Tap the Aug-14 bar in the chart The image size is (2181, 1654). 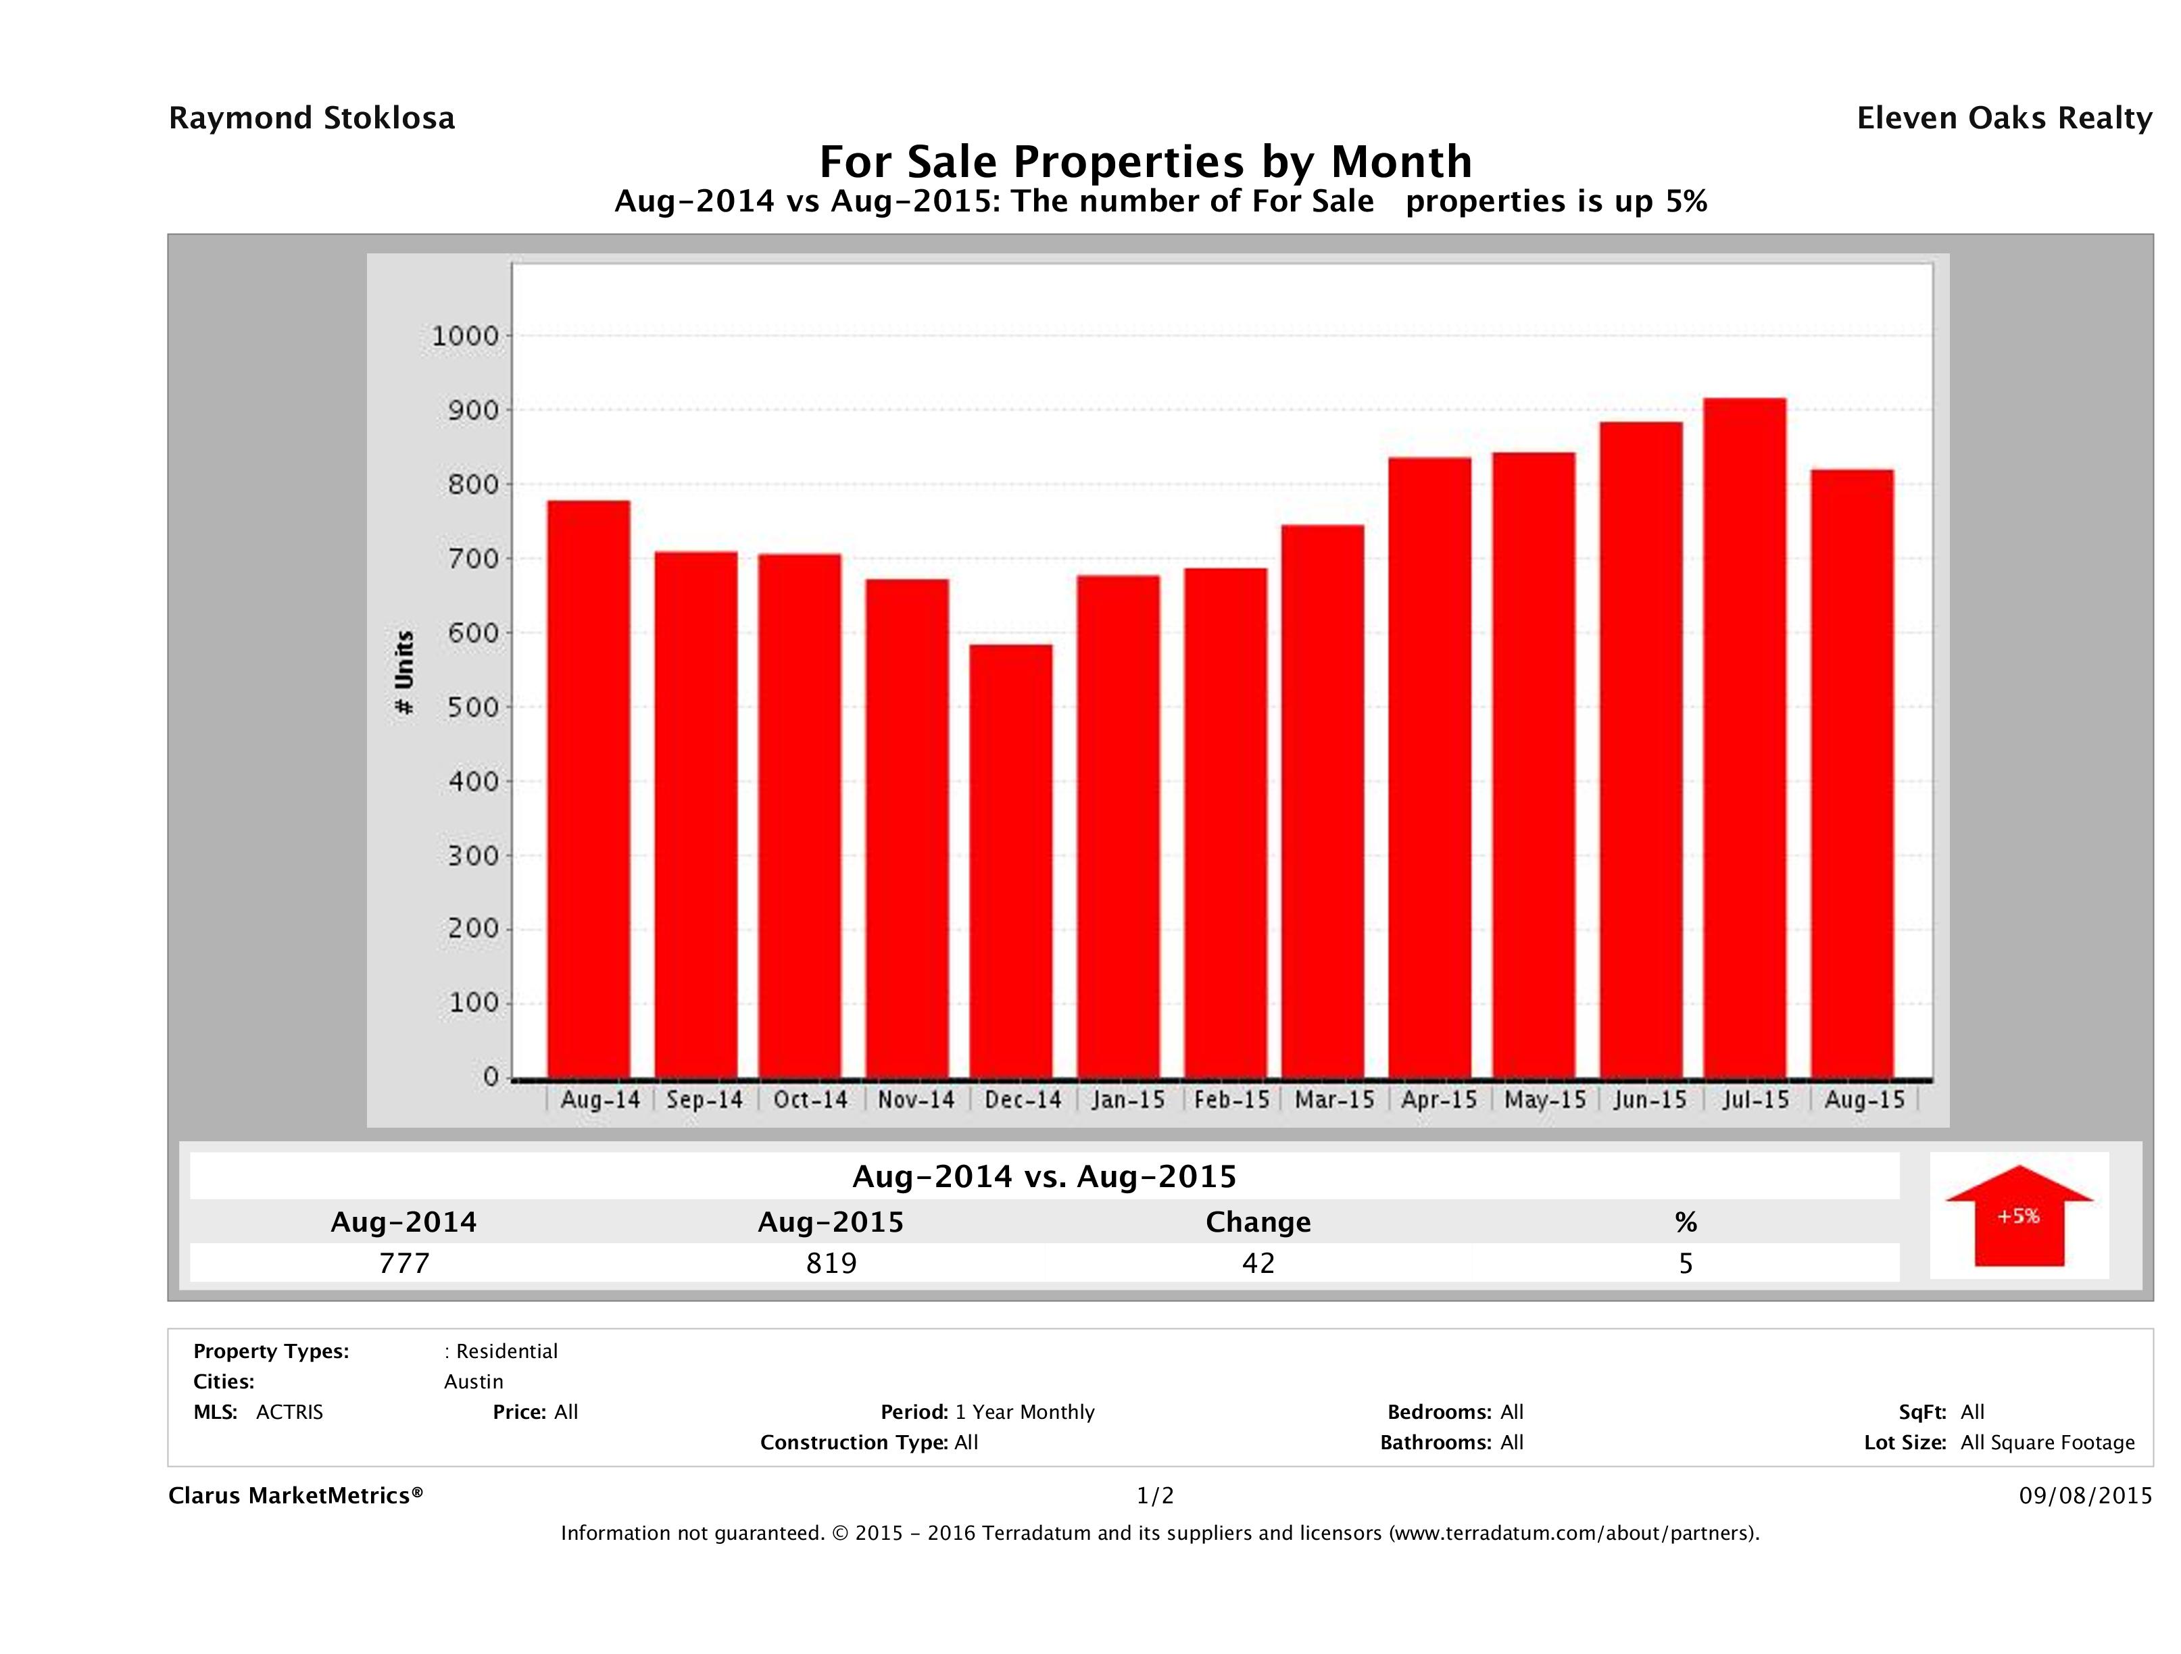(x=589, y=788)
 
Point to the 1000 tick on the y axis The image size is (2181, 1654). (x=466, y=336)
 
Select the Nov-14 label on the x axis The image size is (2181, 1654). (x=916, y=1100)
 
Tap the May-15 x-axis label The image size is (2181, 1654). (x=1545, y=1100)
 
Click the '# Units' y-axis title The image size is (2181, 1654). (x=404, y=672)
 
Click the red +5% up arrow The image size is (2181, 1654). (x=2018, y=1216)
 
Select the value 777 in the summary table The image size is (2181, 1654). (x=404, y=1263)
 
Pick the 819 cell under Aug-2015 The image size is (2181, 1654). (x=831, y=1263)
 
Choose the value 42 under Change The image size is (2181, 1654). (x=1258, y=1263)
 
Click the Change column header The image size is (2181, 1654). (x=1258, y=1222)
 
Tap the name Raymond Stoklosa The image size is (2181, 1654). (x=312, y=118)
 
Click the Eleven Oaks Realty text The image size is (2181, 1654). (x=2003, y=118)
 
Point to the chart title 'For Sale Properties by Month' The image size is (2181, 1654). (x=1146, y=161)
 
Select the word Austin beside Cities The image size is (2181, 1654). (x=473, y=1382)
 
